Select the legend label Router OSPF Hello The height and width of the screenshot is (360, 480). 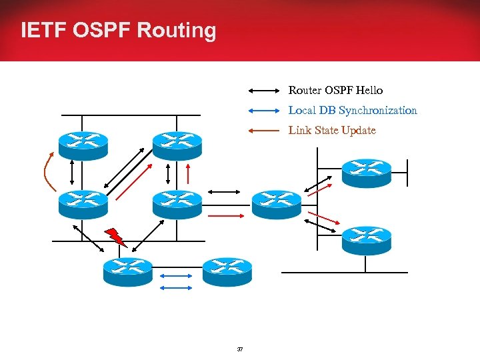[335, 90]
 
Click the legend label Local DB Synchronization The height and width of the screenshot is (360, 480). [353, 110]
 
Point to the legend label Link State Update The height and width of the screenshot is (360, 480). [332, 131]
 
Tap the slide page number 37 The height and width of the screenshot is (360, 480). [240, 349]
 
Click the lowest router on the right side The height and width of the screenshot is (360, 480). [366, 240]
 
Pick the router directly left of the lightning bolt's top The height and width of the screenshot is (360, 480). [83, 204]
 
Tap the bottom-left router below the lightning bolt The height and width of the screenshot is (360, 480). [128, 271]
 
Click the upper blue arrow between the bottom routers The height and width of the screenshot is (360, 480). [176, 275]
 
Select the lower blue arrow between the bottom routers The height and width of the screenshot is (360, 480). [176, 287]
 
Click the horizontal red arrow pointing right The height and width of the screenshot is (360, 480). [227, 216]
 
